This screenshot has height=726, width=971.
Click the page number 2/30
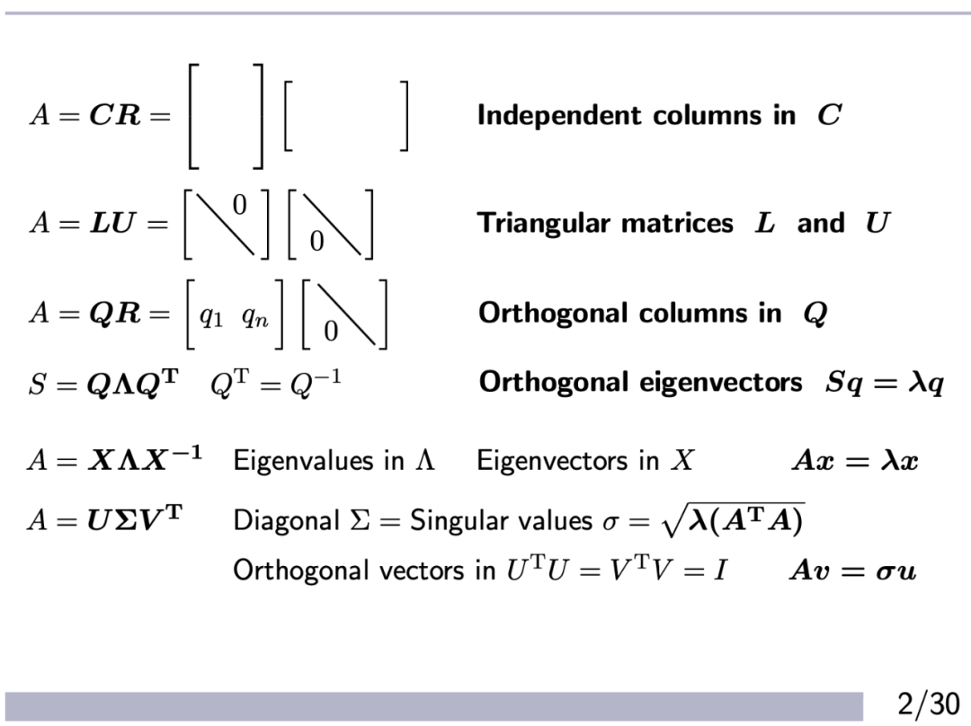point(929,701)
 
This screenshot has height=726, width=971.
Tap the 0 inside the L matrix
point(238,206)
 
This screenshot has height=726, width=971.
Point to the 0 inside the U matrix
point(316,242)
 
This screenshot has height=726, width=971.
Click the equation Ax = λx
point(855,461)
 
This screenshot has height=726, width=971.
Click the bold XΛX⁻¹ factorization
point(145,459)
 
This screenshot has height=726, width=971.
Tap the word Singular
point(450,521)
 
